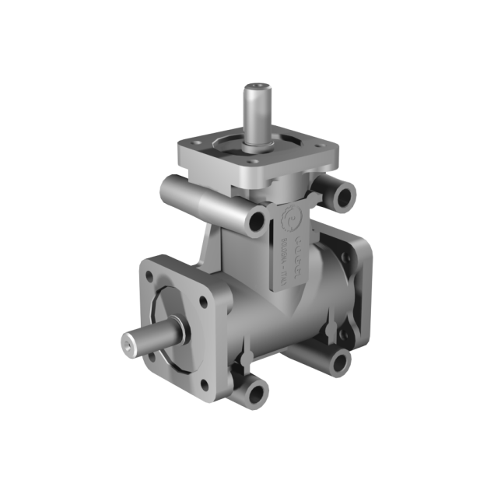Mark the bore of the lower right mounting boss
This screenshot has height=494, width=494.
[340, 360]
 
